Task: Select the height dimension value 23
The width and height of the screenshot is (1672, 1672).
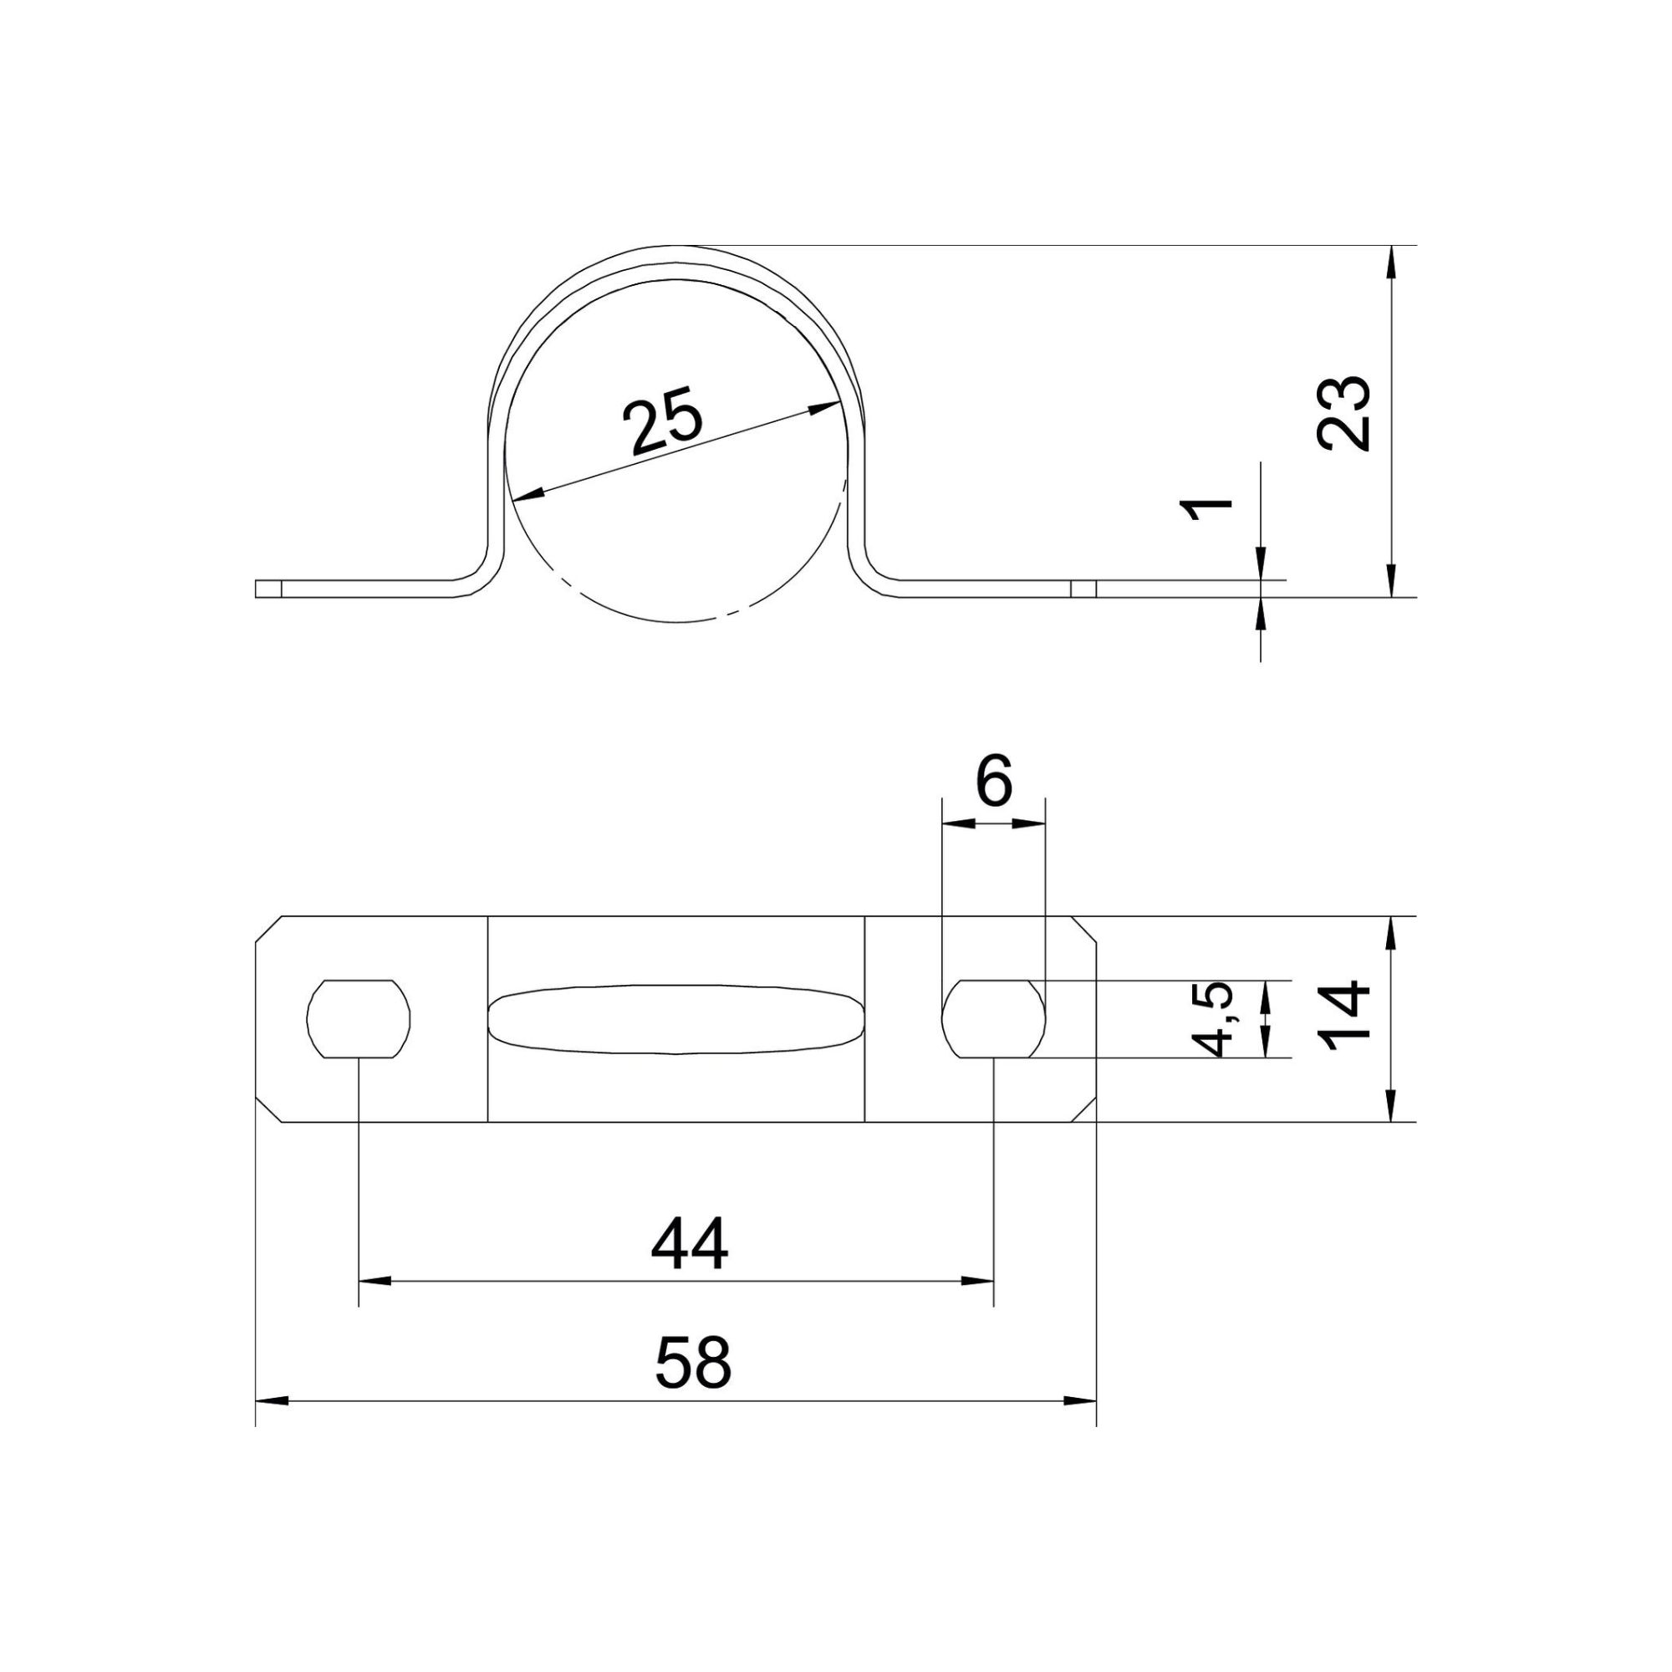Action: (1343, 413)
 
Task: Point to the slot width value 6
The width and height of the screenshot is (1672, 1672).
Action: (993, 783)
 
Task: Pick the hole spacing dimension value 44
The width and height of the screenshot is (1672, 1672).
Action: (690, 1244)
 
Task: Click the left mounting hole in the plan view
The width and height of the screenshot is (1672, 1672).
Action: (359, 1018)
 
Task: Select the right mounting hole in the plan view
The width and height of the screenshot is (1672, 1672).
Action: (993, 1018)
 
